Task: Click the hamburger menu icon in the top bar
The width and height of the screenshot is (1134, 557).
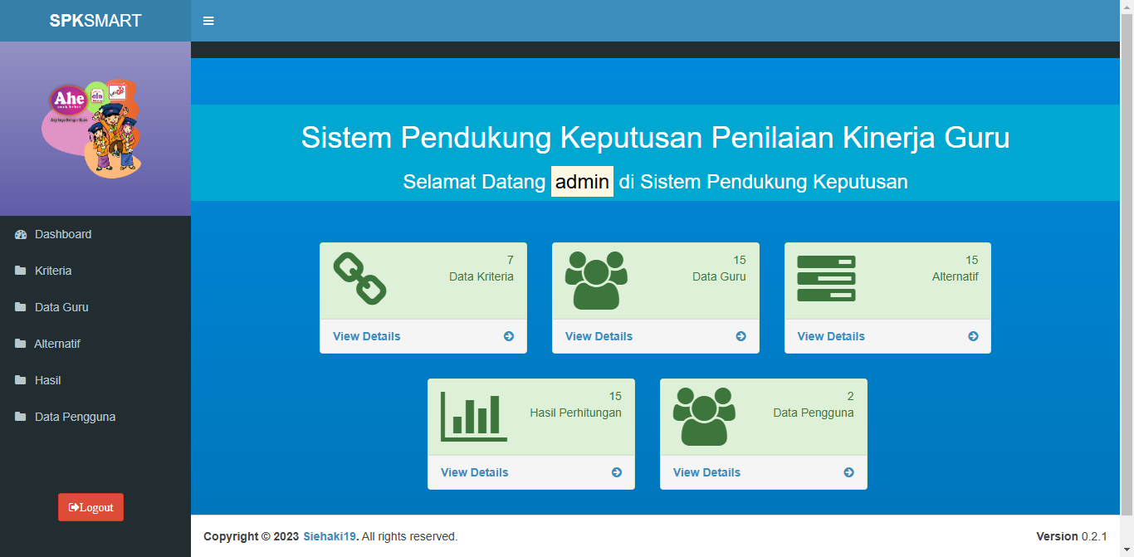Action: (208, 21)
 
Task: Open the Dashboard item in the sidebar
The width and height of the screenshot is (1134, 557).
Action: (63, 234)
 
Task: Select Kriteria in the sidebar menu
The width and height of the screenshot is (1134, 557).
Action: (53, 271)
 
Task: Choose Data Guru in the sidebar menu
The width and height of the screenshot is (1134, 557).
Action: (61, 307)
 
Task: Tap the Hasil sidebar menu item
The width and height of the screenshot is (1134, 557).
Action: (48, 380)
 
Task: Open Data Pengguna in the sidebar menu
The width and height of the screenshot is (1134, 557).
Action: (75, 417)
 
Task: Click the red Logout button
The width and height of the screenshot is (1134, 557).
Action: (90, 507)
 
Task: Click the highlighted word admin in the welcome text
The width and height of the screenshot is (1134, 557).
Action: (582, 182)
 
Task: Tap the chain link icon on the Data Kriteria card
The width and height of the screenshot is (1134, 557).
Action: (359, 279)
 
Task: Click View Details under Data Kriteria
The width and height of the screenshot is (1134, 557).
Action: (367, 336)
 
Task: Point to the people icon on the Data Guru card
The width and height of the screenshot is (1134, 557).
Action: (596, 280)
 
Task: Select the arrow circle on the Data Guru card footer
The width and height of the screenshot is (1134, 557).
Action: (741, 336)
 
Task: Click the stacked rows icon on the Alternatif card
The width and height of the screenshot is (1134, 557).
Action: (826, 278)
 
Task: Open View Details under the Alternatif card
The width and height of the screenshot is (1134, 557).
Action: (831, 336)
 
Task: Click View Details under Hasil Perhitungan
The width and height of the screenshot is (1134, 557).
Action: (475, 472)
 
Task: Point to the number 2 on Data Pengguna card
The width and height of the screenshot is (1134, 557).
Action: (850, 396)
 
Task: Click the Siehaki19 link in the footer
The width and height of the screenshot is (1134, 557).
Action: (330, 536)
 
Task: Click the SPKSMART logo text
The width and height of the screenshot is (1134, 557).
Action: (95, 21)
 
